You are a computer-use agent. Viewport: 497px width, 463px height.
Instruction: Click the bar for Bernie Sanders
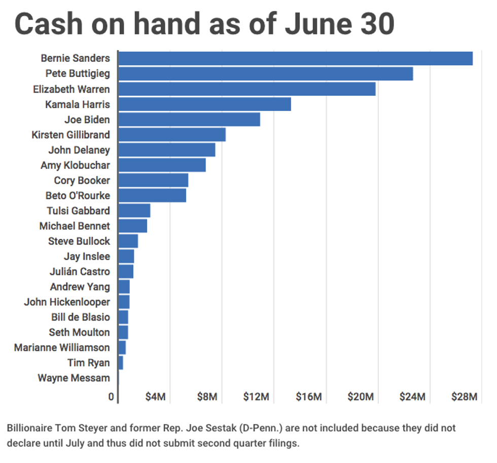tap(295, 58)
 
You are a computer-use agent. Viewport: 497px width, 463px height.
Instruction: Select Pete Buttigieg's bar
tap(265, 74)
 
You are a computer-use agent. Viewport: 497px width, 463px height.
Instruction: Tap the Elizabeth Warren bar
tap(246, 89)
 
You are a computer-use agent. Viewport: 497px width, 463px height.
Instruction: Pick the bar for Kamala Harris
tap(204, 104)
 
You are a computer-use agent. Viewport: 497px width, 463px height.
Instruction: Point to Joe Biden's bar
tap(189, 119)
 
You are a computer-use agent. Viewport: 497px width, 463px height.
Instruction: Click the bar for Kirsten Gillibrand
tap(171, 134)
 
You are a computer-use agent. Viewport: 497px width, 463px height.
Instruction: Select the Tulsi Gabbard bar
tap(134, 210)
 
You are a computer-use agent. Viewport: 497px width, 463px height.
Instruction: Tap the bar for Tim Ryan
tap(121, 363)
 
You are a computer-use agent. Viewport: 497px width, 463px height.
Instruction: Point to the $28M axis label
tap(465, 397)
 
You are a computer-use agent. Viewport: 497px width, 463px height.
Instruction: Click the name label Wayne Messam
tap(74, 378)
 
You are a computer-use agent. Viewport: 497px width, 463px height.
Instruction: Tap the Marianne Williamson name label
tap(62, 347)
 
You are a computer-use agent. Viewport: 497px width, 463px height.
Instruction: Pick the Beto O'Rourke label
tap(78, 195)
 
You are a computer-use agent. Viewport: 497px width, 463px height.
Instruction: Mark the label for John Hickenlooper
tap(67, 302)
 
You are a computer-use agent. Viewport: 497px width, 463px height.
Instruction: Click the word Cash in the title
tap(51, 24)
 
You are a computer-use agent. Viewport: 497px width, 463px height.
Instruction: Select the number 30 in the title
tap(376, 24)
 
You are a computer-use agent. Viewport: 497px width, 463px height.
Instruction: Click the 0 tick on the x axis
tap(112, 397)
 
